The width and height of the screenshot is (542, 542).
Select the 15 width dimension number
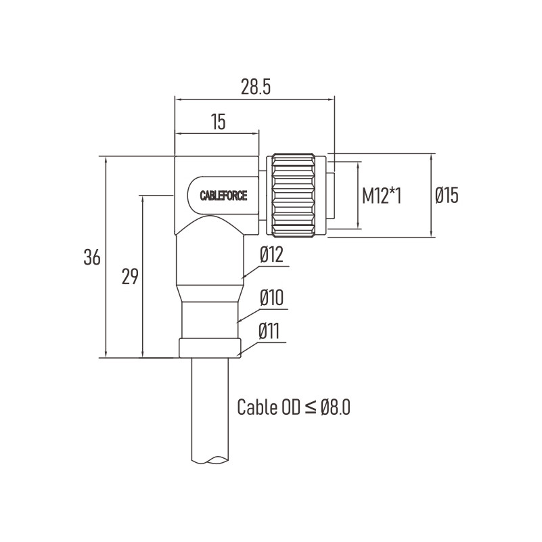219,122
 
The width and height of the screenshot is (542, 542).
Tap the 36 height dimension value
92,257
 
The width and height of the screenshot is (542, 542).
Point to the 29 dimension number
130,277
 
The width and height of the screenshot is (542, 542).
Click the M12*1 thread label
382,196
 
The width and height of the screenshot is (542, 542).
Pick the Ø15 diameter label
447,196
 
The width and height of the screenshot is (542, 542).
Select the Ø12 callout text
271,254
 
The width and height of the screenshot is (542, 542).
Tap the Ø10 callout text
271,298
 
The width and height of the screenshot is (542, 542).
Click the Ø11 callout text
269,331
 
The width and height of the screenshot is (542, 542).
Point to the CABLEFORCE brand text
224,196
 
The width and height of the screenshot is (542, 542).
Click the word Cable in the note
257,407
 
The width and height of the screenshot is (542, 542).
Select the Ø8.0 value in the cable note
336,407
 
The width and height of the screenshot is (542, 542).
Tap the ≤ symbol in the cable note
311,408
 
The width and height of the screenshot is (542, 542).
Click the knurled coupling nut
293,196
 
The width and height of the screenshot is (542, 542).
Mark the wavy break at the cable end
210,459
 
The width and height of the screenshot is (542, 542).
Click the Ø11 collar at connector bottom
210,348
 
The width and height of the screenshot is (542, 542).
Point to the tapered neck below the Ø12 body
210,293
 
